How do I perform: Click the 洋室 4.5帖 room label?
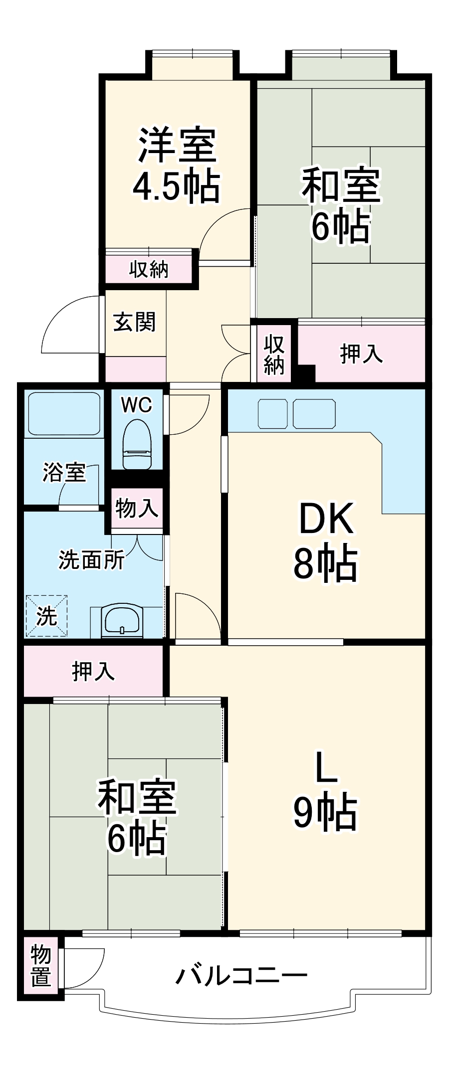point(177,165)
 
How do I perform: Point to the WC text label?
point(136,405)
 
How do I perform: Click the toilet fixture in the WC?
point(137,443)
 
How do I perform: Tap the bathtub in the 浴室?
point(64,413)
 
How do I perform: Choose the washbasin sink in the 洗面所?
point(122,621)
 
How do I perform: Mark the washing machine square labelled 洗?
point(46,616)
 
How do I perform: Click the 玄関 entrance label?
point(134,322)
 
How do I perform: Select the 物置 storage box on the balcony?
point(41,967)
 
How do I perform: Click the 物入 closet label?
point(137,509)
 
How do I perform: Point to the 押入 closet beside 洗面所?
point(93,671)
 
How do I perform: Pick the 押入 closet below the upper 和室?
point(361,354)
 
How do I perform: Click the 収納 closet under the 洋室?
point(149,269)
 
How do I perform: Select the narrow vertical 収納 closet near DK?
point(274,355)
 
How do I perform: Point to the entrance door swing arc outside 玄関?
point(67,324)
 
